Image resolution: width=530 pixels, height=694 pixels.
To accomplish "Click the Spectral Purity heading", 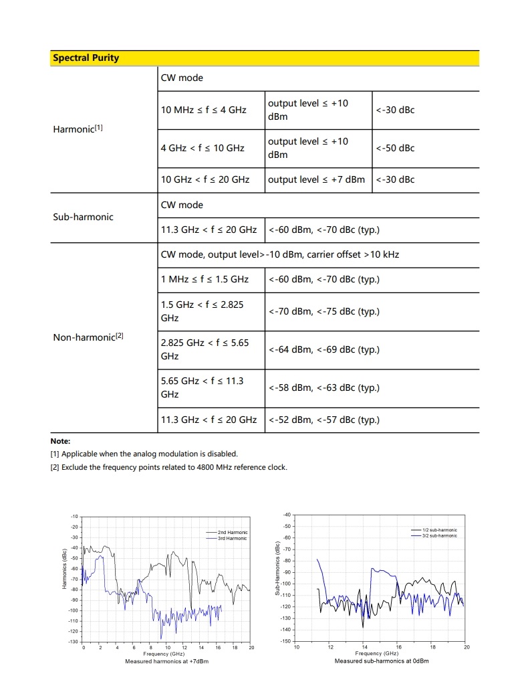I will click(86, 58).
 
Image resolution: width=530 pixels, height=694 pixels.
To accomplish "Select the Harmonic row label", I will click(78, 128).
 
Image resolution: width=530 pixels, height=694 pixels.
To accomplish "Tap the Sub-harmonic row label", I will click(83, 217).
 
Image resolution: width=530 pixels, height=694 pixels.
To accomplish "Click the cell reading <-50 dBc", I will click(395, 148).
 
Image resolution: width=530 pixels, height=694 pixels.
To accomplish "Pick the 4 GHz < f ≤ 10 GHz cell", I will click(203, 148).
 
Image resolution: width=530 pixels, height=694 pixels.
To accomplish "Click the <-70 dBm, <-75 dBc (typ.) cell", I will click(323, 311).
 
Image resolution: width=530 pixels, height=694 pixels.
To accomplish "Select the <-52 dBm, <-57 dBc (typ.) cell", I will click(323, 420).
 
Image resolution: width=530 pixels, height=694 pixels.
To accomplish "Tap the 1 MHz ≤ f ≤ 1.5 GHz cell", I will click(205, 279).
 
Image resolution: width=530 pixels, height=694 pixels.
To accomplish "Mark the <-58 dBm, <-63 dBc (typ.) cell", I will click(323, 387).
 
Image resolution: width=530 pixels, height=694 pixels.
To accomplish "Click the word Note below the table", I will click(60, 441).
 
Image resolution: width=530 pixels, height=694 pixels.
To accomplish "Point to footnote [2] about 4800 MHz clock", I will click(168, 466).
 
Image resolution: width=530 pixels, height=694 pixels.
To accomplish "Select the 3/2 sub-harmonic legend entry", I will click(439, 535).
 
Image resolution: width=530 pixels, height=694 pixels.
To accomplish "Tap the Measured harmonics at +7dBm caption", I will click(167, 661).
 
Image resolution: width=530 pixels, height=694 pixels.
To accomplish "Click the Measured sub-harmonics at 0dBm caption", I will click(382, 661).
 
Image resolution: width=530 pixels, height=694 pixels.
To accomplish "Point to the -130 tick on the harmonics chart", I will click(74, 642).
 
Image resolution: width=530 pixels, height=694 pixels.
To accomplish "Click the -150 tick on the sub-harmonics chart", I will click(287, 641).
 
